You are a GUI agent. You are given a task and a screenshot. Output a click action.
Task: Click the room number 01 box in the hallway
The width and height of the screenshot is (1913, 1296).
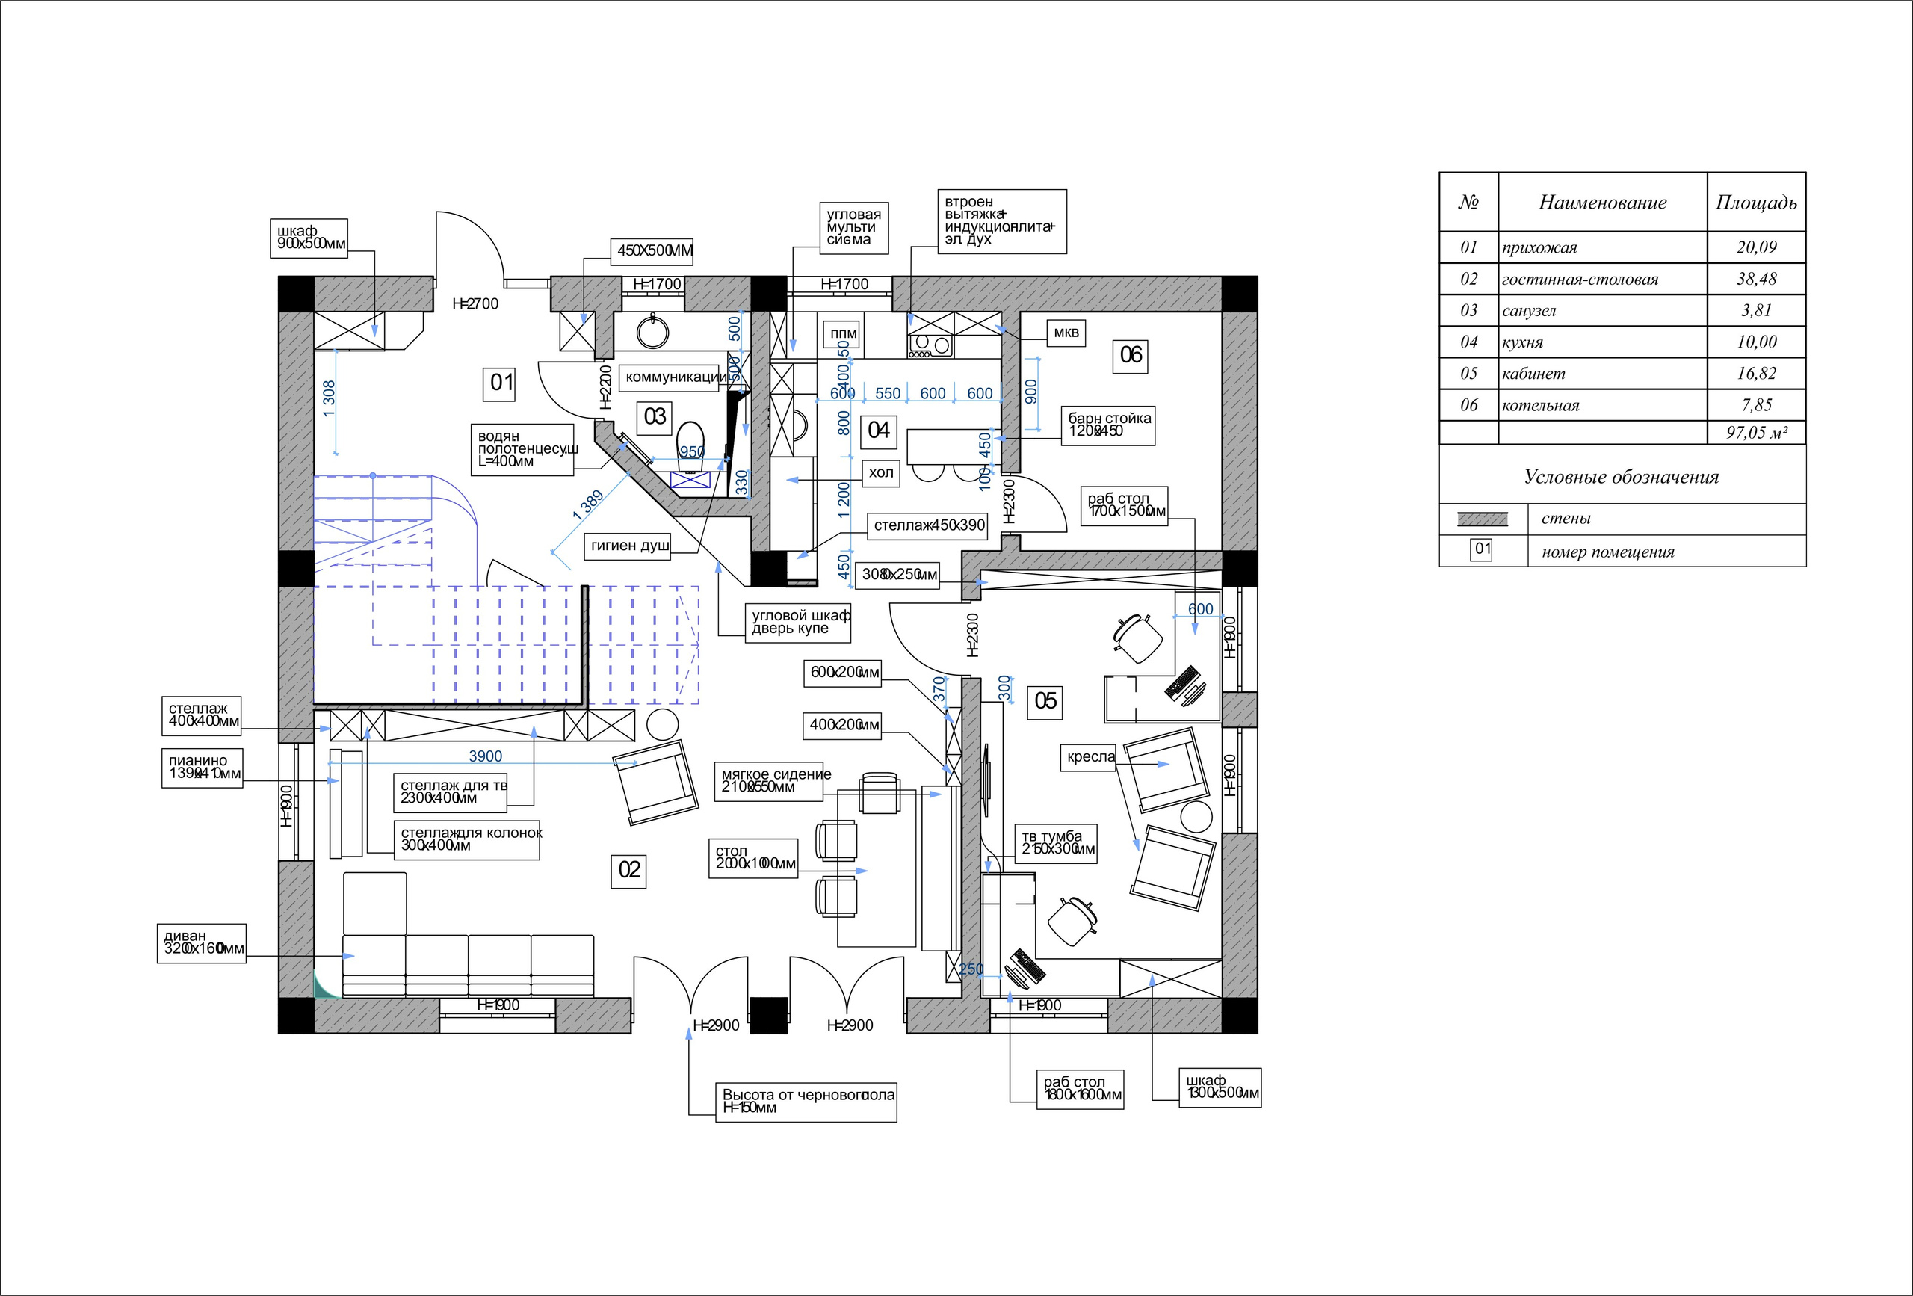pyautogui.click(x=501, y=383)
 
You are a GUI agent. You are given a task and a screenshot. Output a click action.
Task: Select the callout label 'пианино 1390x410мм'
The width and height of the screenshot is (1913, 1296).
pyautogui.click(x=203, y=768)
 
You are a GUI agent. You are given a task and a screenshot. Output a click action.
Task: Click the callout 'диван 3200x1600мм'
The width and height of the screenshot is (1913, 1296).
pyautogui.click(x=202, y=942)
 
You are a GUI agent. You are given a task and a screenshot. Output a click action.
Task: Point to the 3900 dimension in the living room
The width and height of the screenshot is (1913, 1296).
pyautogui.click(x=485, y=756)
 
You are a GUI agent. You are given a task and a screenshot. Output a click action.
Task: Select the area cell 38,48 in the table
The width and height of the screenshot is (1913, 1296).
pyautogui.click(x=1756, y=279)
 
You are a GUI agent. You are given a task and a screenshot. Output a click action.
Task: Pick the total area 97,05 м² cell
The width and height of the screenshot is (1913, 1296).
pyautogui.click(x=1756, y=433)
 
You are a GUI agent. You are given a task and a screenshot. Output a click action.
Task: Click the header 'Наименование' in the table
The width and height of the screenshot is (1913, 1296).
pyautogui.click(x=1602, y=203)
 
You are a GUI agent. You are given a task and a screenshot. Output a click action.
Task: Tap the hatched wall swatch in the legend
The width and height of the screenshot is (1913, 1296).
pyautogui.click(x=1482, y=519)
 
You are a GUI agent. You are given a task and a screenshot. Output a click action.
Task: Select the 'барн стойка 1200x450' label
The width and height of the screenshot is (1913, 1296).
pyautogui.click(x=1108, y=425)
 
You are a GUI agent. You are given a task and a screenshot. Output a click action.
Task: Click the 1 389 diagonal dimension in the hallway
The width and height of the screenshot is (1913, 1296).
pyautogui.click(x=589, y=503)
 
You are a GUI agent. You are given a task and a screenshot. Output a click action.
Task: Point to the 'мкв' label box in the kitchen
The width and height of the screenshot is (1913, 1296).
pyautogui.click(x=1066, y=333)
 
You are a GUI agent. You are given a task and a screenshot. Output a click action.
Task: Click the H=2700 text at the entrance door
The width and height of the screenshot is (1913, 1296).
pyautogui.click(x=476, y=304)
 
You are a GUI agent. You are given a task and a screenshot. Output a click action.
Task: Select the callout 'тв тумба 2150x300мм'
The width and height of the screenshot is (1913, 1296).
pyautogui.click(x=1057, y=843)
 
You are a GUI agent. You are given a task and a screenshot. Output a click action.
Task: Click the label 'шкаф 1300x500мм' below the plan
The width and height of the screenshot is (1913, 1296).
pyautogui.click(x=1220, y=1087)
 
